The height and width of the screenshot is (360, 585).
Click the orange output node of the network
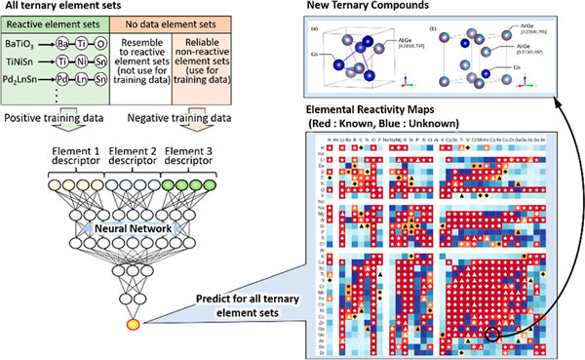[x=135, y=322]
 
